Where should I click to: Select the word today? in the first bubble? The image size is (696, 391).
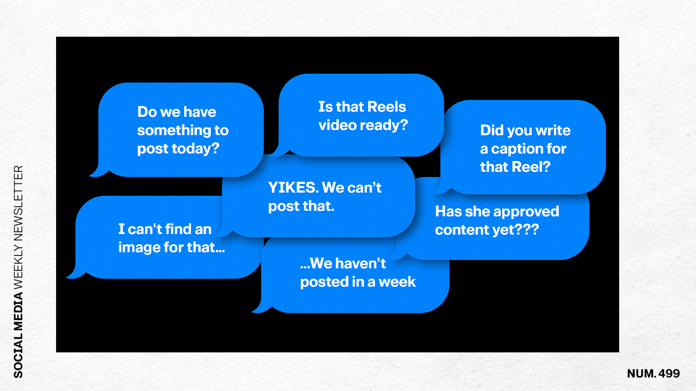tap(196, 149)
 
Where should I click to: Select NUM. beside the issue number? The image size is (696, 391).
tap(641, 373)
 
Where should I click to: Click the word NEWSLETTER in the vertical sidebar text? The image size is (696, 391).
tap(18, 203)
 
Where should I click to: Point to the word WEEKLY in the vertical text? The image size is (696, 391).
tap(18, 267)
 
